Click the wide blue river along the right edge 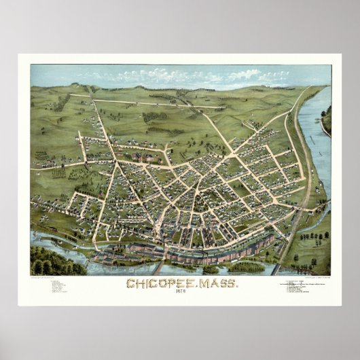coord(316,149)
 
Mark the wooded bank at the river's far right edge coord(327,120)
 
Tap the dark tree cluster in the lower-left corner coord(49,262)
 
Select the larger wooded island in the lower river coord(246,267)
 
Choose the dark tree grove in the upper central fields coord(154,117)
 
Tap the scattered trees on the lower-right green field coord(312,241)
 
